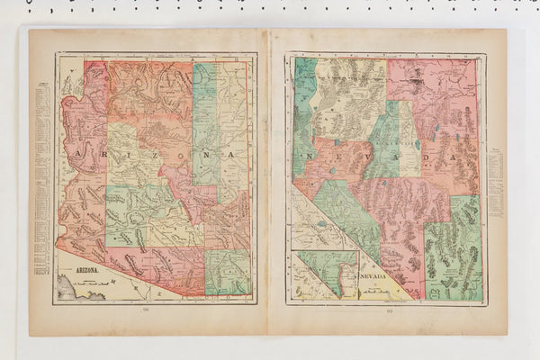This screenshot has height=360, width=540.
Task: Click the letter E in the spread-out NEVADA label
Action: [335, 155]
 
